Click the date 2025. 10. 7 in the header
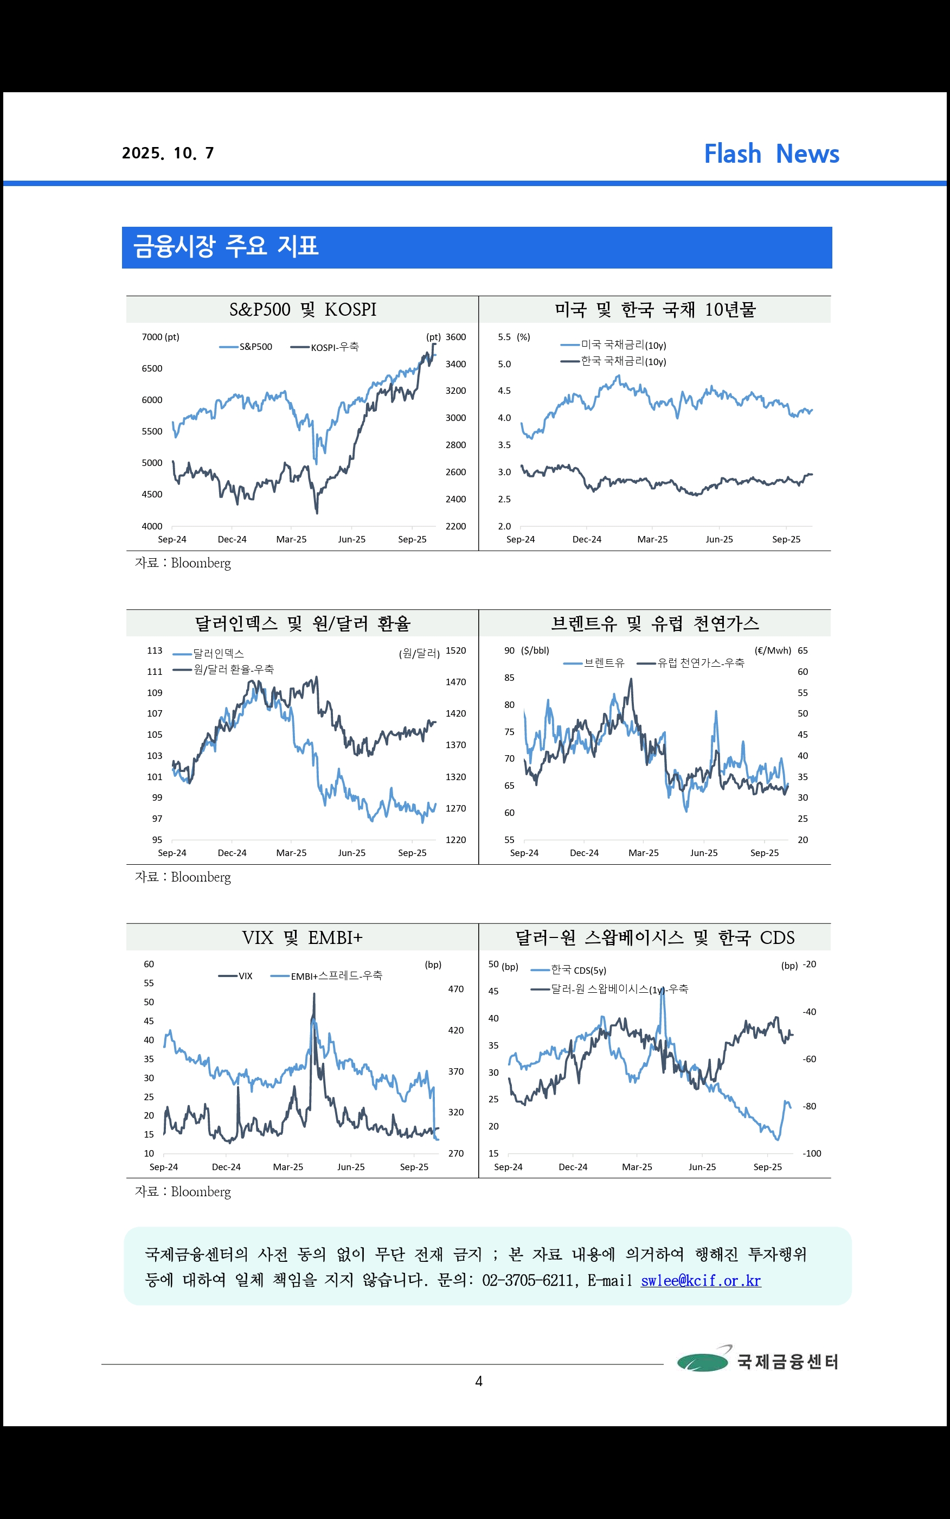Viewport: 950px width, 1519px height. point(168,154)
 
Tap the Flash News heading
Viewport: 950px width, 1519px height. point(772,154)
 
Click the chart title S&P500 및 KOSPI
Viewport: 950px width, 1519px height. point(303,309)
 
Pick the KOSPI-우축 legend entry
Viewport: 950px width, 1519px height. point(324,347)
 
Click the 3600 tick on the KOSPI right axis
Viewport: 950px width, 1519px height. point(455,337)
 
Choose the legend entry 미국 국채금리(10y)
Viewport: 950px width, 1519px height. point(613,344)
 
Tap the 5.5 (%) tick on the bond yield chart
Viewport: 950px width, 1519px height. point(514,337)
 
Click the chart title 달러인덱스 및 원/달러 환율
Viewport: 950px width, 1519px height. point(303,623)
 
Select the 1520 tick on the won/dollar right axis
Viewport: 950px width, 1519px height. point(455,650)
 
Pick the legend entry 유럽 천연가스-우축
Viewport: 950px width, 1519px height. point(690,662)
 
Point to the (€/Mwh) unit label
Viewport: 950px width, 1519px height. point(773,650)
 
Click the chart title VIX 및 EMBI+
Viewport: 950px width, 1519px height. point(302,937)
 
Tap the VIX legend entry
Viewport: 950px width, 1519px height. point(236,976)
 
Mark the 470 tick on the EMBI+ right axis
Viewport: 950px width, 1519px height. point(455,989)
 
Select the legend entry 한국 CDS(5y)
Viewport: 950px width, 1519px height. point(569,970)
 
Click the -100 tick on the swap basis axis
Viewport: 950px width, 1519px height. point(812,1153)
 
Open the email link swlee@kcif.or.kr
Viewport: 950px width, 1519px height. point(701,1280)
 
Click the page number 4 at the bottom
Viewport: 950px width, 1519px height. point(479,1381)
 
